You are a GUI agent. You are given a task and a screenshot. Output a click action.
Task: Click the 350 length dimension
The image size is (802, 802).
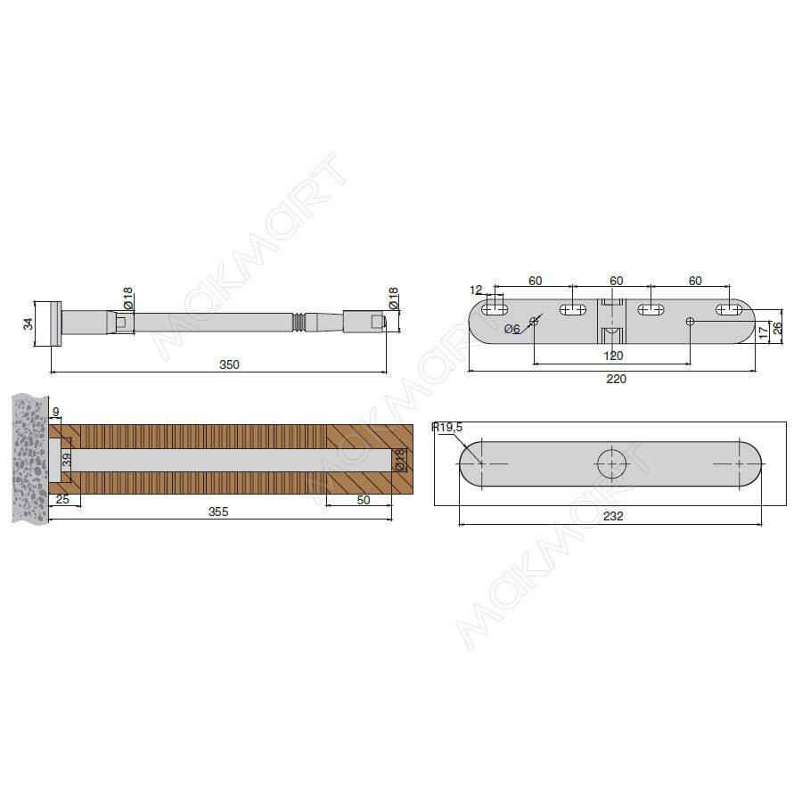(x=229, y=364)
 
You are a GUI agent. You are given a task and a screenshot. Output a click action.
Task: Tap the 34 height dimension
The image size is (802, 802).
(x=29, y=323)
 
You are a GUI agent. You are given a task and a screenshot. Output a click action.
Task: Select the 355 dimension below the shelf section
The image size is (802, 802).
(x=218, y=512)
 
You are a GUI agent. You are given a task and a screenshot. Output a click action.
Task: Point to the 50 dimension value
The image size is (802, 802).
(x=364, y=500)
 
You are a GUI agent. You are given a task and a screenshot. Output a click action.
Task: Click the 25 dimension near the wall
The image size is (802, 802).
(x=62, y=499)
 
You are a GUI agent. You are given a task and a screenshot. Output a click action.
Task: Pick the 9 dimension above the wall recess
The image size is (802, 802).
(x=56, y=412)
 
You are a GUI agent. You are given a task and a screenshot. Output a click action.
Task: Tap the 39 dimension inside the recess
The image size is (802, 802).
(x=67, y=459)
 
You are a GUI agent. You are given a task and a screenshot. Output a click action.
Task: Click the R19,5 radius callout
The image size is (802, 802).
(x=447, y=427)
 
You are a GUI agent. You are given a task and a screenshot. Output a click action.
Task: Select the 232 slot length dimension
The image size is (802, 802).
(x=613, y=516)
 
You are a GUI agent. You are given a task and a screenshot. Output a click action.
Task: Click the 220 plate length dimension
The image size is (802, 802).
(x=616, y=379)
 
